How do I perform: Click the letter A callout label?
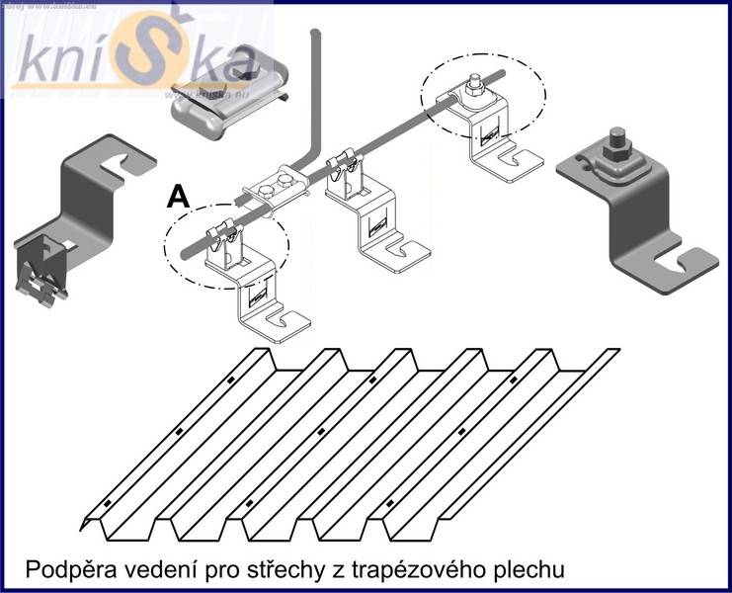(x=179, y=196)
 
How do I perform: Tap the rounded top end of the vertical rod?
(x=316, y=38)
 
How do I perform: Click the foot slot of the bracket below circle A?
(x=286, y=321)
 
